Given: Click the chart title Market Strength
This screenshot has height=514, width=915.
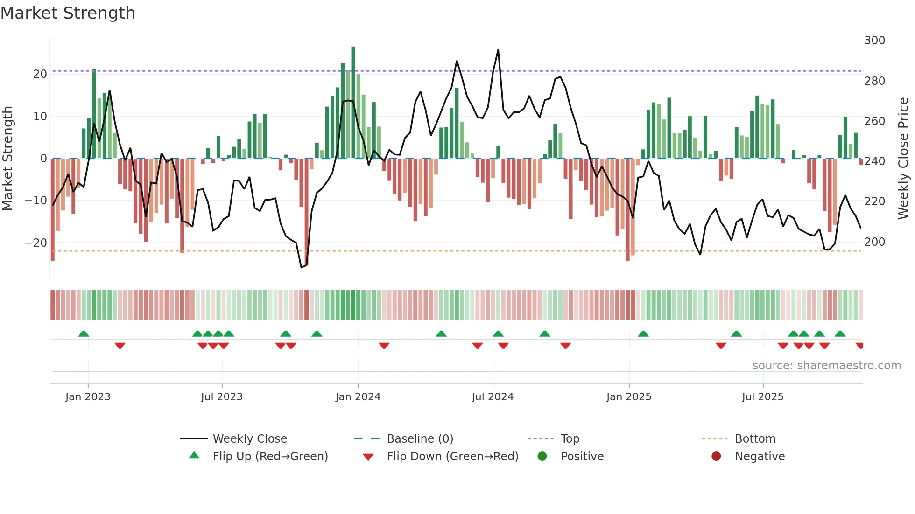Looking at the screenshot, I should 68,13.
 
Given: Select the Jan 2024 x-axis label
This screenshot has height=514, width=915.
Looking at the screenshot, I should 358,397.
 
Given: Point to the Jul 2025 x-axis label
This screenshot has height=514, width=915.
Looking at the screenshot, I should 762,397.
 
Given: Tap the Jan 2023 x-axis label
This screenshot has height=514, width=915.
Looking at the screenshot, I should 88,397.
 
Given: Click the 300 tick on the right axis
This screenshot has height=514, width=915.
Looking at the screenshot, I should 874,41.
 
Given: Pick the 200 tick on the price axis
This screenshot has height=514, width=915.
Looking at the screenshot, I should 874,242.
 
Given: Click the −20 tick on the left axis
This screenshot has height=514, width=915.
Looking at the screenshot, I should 35,243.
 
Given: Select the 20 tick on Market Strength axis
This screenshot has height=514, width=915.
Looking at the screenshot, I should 40,74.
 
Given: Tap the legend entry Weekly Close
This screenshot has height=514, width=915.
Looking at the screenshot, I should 250,439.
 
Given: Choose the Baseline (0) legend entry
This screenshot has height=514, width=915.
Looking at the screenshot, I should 420,439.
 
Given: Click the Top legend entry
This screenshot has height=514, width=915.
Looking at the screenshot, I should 570,439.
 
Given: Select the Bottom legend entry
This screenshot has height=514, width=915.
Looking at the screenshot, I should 755,439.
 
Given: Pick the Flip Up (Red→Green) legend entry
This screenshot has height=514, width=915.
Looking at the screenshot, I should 270,457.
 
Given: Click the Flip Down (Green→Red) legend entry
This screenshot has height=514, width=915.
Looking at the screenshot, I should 452,457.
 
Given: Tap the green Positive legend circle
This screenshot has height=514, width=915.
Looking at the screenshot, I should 542,457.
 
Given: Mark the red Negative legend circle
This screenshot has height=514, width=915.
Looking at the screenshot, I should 716,457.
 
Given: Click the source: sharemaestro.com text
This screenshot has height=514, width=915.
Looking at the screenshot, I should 826,366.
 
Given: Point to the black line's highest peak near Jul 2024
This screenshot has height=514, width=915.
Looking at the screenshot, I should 498,50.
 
